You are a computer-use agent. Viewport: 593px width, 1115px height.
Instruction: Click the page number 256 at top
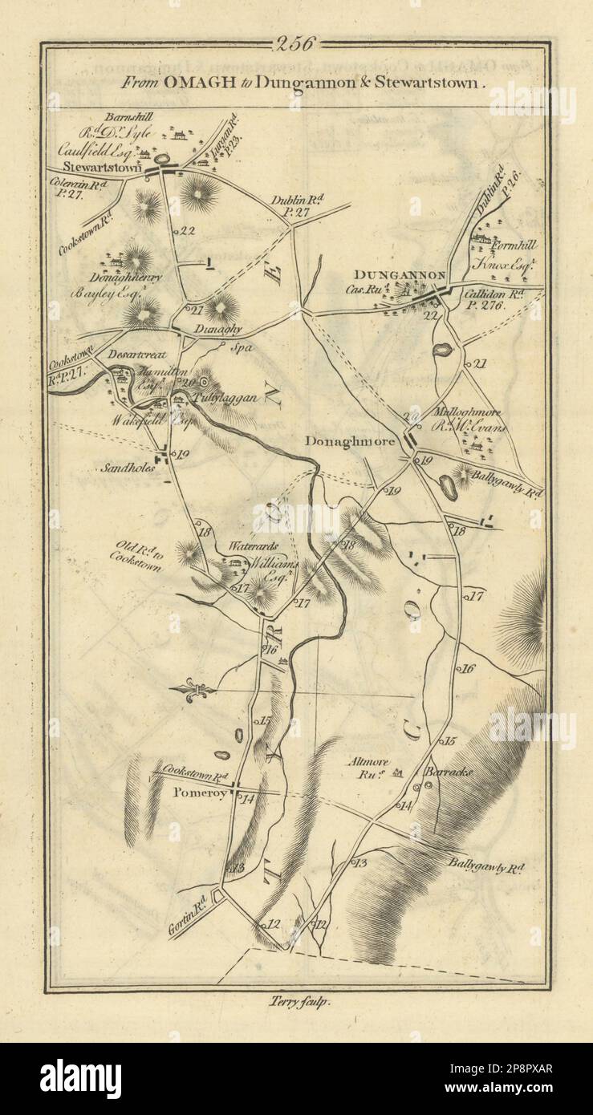point(295,43)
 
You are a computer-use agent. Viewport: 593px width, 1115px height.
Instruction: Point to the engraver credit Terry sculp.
point(296,1001)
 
